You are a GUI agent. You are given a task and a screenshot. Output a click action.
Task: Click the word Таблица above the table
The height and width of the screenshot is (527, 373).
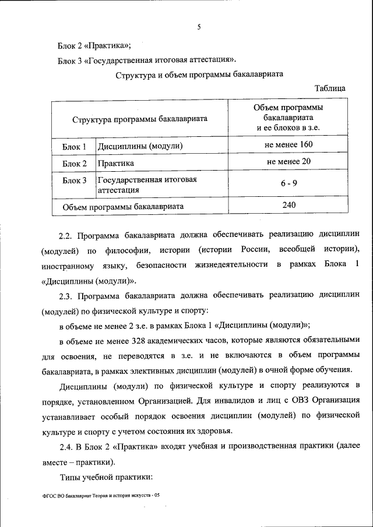coord(330,88)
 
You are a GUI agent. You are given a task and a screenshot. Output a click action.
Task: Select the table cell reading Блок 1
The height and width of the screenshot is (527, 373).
coord(75,146)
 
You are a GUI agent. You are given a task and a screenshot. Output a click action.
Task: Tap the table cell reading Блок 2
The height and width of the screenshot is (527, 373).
coord(75,164)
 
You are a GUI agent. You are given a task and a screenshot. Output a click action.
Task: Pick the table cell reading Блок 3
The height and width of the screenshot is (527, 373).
coord(75,181)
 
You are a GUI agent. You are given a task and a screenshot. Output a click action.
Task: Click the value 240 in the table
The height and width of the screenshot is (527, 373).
coord(288,205)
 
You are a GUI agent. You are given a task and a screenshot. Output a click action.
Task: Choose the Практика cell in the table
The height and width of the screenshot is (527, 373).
coord(116,164)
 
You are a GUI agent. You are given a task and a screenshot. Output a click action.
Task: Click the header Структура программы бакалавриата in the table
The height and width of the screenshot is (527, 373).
coord(140,119)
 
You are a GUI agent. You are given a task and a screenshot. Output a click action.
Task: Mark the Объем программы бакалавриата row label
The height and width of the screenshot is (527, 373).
coord(123,206)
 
